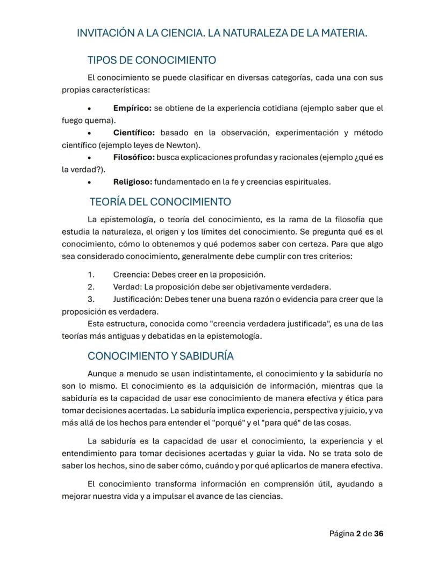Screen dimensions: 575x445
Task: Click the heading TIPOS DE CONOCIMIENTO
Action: (x=152, y=60)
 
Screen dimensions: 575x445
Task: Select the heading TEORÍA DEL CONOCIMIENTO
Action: (x=160, y=202)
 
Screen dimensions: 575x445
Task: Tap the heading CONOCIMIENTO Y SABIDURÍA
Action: (x=160, y=356)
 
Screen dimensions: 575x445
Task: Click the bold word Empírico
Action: (x=132, y=108)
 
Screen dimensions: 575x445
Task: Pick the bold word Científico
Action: (x=134, y=133)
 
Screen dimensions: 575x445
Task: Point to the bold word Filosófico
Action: (x=134, y=157)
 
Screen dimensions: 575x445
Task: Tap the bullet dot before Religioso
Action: (x=89, y=183)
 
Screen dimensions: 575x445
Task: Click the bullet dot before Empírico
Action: (x=89, y=108)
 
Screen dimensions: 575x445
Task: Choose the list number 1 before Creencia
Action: (x=90, y=274)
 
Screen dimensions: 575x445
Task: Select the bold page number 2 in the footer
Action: (x=358, y=534)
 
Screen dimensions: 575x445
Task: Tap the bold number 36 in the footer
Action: (x=379, y=534)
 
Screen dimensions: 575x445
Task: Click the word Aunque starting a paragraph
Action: (x=101, y=373)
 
